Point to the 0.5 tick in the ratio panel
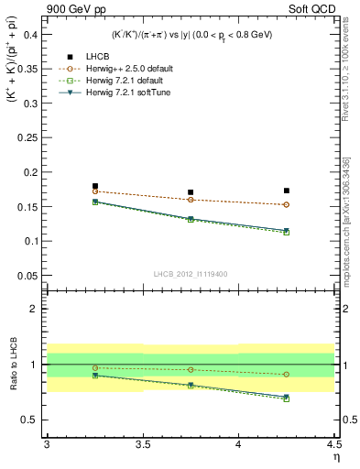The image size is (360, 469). (32, 420)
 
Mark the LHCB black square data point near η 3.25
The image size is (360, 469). (95, 186)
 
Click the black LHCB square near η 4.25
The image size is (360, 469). (287, 191)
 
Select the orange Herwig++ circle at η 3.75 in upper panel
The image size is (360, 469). (191, 200)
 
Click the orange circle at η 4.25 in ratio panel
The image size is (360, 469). (287, 374)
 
